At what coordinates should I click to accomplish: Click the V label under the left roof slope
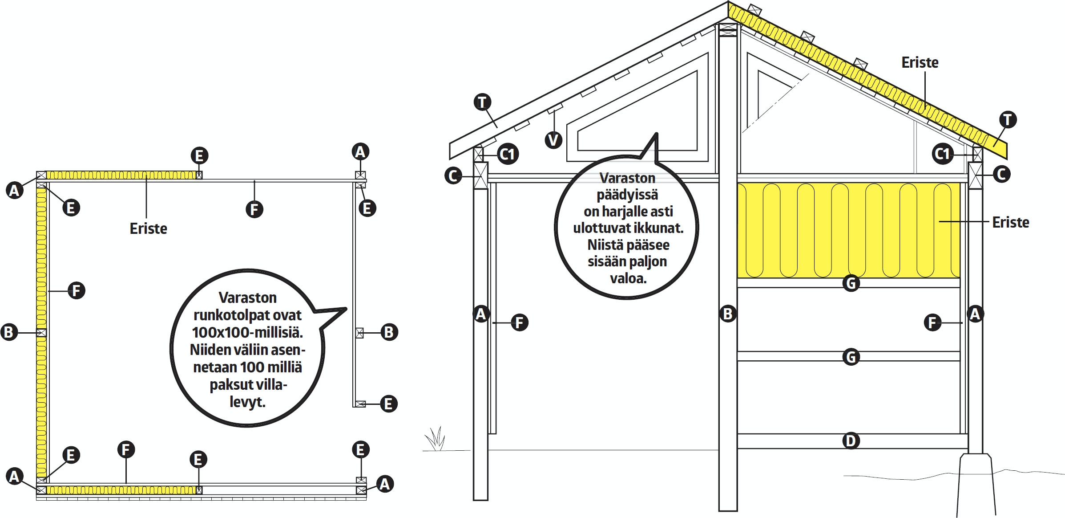[553, 140]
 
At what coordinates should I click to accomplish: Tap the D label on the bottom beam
[851, 441]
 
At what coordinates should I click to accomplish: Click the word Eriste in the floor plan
[148, 228]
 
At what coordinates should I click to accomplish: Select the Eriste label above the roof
[920, 62]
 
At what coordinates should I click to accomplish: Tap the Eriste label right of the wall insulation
[1010, 222]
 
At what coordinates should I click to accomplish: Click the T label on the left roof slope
[482, 102]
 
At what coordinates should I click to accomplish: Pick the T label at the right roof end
[1008, 119]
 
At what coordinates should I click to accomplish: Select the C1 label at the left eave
[508, 155]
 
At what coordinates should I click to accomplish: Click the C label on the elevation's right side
[1001, 174]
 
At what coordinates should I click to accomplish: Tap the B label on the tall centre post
[728, 314]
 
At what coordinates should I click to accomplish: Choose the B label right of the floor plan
[389, 332]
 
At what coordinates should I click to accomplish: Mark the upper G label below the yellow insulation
[851, 283]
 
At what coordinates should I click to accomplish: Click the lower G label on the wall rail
[851, 357]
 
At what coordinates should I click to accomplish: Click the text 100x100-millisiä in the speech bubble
[247, 332]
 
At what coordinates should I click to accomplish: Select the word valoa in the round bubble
[628, 279]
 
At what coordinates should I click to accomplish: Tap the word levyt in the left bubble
[247, 402]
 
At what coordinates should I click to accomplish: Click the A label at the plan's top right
[360, 151]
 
